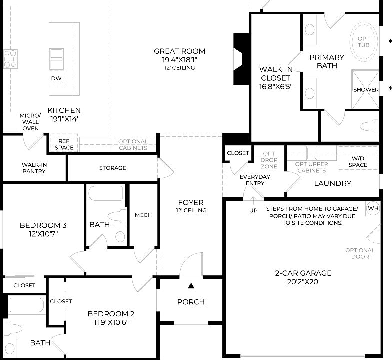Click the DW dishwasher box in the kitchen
click(x=56, y=78)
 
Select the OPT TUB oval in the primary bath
click(x=363, y=41)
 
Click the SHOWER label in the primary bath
click(x=366, y=90)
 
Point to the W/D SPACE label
click(x=358, y=161)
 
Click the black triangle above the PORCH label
click(x=191, y=286)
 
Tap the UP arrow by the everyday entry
click(x=253, y=203)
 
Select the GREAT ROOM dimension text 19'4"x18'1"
click(x=179, y=60)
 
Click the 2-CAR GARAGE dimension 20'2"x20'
click(x=296, y=282)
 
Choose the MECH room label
click(x=143, y=215)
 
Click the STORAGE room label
click(x=112, y=168)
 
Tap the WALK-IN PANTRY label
click(x=34, y=168)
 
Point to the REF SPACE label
click(x=64, y=144)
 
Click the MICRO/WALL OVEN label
click(x=29, y=122)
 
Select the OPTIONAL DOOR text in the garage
click(x=360, y=253)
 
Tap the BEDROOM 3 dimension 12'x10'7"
click(x=43, y=234)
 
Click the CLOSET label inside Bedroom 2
click(x=61, y=301)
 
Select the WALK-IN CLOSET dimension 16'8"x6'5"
click(x=275, y=86)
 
